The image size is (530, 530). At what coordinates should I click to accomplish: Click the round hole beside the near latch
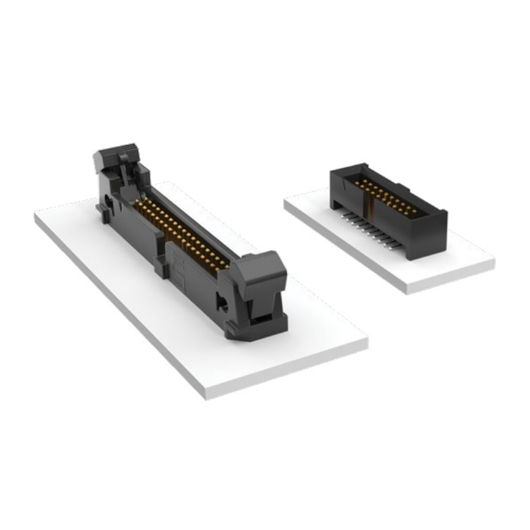coord(223,304)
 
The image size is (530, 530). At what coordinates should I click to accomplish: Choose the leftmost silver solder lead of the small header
coord(343,216)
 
